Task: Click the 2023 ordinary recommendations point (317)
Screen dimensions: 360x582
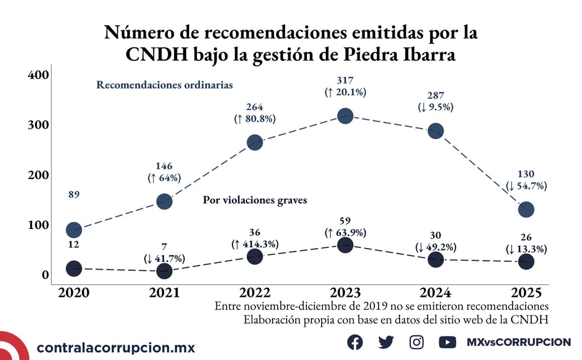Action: click(345, 115)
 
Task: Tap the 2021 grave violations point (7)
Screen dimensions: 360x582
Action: click(164, 271)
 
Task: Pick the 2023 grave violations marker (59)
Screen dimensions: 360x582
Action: click(345, 245)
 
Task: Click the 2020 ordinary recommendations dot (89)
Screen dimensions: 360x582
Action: click(74, 229)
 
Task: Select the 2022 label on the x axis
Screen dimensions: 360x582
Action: click(255, 293)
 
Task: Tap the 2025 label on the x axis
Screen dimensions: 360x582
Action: click(526, 293)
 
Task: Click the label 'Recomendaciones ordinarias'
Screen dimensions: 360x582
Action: click(165, 85)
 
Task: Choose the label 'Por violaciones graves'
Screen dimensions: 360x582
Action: click(255, 200)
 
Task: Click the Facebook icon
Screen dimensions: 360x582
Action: click(355, 342)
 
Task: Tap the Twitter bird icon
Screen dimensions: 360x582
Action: click(386, 342)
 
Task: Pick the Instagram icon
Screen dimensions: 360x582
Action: click(417, 342)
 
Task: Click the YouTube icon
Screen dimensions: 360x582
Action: click(447, 342)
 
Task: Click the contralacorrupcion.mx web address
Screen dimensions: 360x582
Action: click(116, 347)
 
